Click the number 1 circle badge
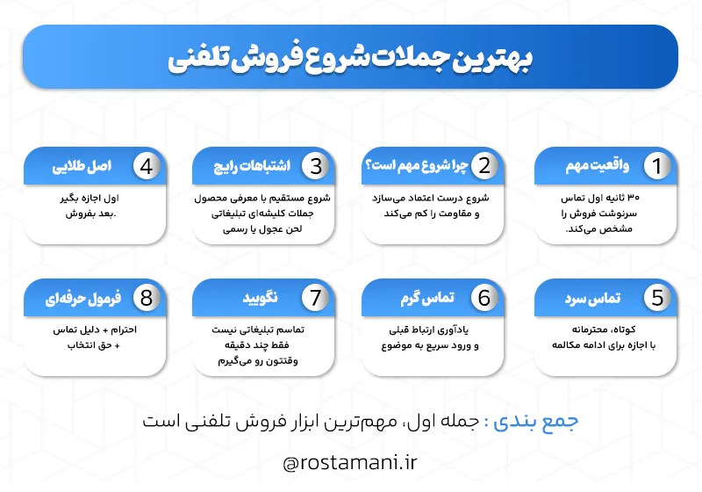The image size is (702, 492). click(x=655, y=166)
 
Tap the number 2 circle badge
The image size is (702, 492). click(x=484, y=166)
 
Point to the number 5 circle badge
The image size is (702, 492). click(x=655, y=298)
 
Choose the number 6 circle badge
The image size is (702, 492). click(x=484, y=298)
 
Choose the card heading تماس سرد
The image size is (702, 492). click(x=593, y=298)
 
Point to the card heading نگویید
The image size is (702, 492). click(x=260, y=298)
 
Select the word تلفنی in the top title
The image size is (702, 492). click(x=201, y=59)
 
